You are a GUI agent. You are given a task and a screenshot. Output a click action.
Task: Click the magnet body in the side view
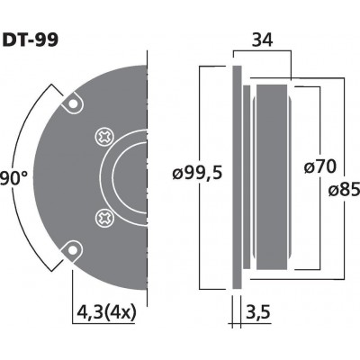pyautogui.click(x=270, y=176)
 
